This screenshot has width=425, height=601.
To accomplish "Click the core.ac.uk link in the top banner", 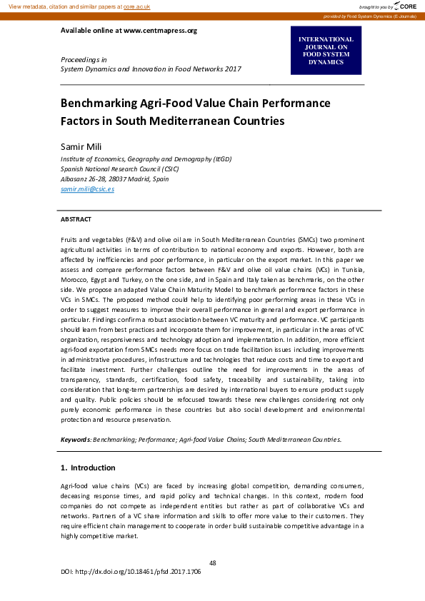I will click(x=137, y=6).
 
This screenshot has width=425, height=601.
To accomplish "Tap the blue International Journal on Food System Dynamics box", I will click(x=326, y=51).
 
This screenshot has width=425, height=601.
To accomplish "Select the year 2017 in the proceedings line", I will click(x=232, y=69).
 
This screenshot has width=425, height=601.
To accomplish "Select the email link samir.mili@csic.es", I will click(x=87, y=189).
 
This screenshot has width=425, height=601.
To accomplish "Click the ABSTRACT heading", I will click(x=76, y=219).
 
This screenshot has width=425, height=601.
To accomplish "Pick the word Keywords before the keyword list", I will click(x=75, y=440).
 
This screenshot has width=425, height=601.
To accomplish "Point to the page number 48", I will click(x=213, y=563).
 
